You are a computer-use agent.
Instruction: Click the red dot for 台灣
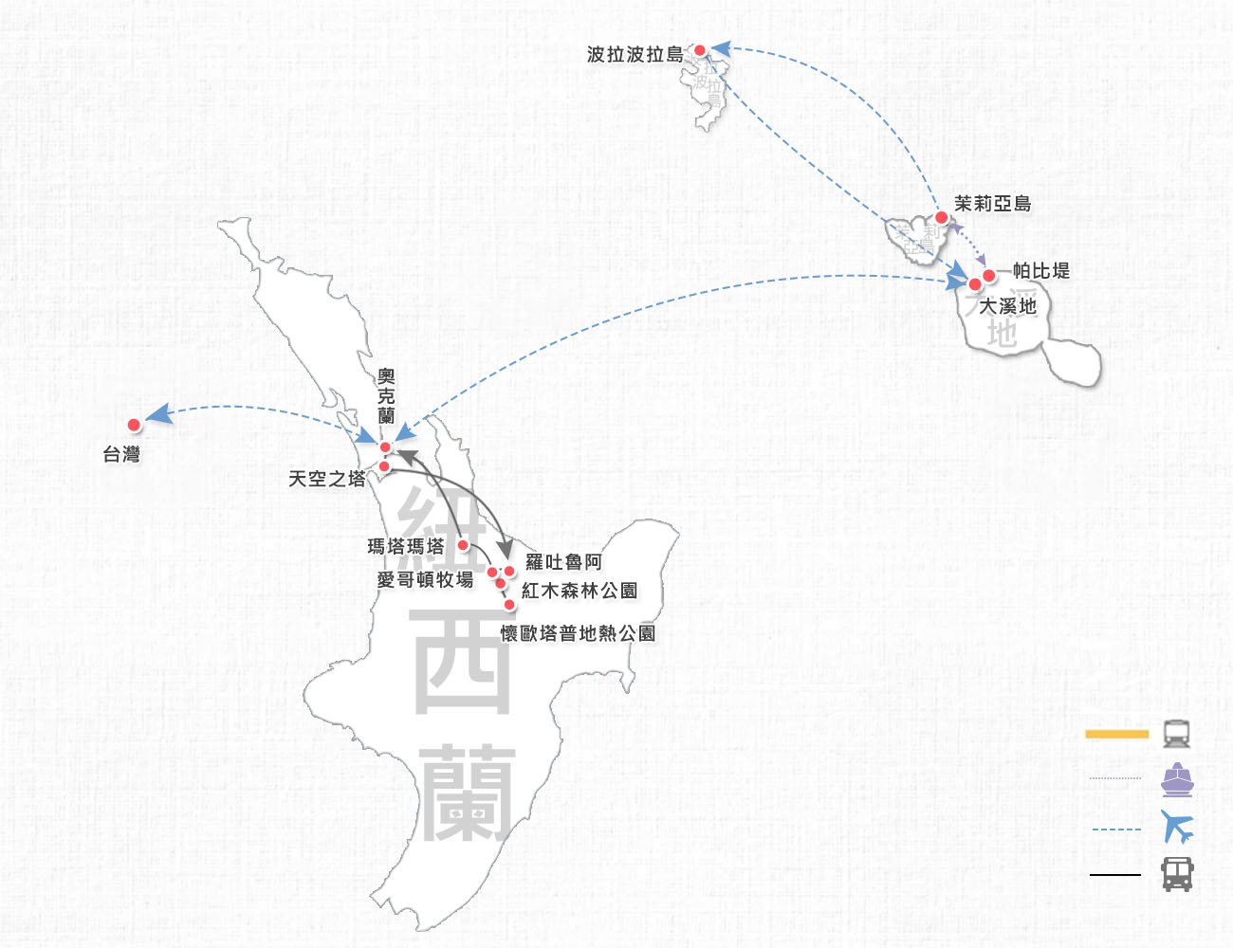click(x=135, y=425)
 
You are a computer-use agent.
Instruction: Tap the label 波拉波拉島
click(x=635, y=55)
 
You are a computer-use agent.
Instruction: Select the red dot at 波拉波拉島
click(x=700, y=50)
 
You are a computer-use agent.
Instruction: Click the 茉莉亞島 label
click(x=992, y=204)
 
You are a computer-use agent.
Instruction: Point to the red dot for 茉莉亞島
click(x=942, y=218)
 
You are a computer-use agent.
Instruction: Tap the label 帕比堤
click(x=1040, y=271)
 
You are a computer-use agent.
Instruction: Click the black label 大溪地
click(x=1007, y=306)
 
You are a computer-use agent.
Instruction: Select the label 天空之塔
click(x=327, y=480)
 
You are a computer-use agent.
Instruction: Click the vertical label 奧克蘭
click(x=386, y=397)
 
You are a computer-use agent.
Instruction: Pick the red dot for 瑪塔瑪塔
click(x=463, y=545)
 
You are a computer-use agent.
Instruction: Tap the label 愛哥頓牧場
click(x=425, y=579)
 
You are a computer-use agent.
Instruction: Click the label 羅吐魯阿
click(x=563, y=562)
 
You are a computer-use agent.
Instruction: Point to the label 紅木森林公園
click(x=580, y=591)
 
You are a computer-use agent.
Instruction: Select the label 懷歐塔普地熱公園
click(x=578, y=633)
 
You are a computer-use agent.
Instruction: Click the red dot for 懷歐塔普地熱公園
click(x=509, y=605)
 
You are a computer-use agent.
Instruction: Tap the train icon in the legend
click(x=1177, y=734)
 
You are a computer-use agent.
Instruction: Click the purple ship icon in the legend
click(x=1177, y=779)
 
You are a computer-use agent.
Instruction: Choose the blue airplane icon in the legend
click(x=1177, y=828)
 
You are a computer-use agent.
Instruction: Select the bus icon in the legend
click(x=1177, y=874)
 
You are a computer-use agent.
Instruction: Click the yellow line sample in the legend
click(x=1116, y=734)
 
